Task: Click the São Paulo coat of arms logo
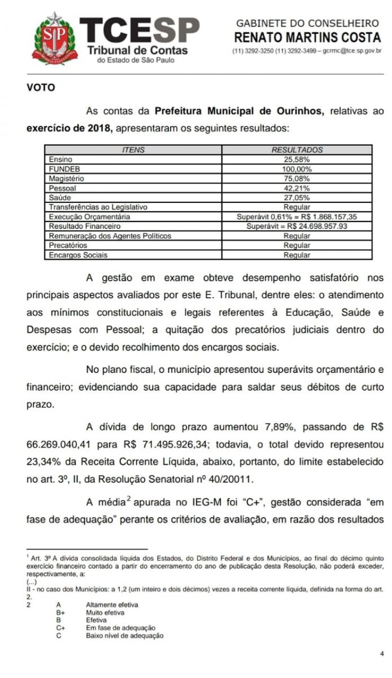tap(53, 38)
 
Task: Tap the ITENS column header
tap(133, 150)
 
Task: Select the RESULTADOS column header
tap(297, 150)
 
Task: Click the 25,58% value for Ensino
tap(297, 160)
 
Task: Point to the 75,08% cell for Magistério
tap(297, 179)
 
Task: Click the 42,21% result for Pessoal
tap(297, 188)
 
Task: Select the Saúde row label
tap(60, 198)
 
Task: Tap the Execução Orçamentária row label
tap(90, 216)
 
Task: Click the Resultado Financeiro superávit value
tap(297, 226)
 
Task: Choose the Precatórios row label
tap(68, 245)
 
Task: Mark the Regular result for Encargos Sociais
tap(297, 255)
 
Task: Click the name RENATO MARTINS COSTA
tap(307, 37)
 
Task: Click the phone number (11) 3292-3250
tap(252, 51)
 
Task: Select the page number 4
tap(382, 654)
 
